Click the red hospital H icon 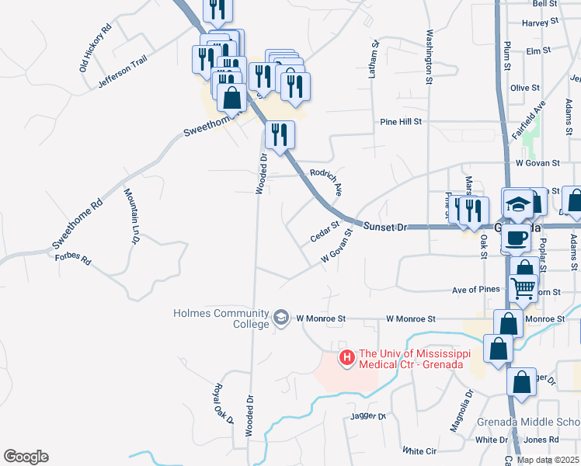pos(346,358)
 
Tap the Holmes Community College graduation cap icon pos(280,318)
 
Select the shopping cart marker pos(523,288)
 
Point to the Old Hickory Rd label pos(96,47)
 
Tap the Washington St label pos(428,57)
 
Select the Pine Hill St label pos(401,122)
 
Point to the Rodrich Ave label pos(327,181)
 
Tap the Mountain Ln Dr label pos(130,217)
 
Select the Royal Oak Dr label pos(224,403)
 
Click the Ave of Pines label pos(475,290)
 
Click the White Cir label pos(419,451)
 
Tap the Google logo pos(26,457)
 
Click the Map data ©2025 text pos(547,460)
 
